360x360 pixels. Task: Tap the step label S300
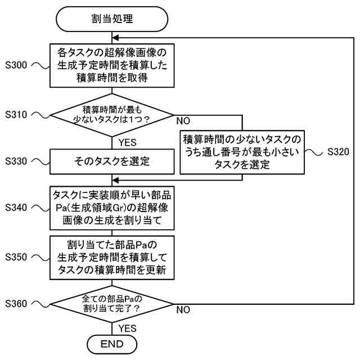tap(16, 66)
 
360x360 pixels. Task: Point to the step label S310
tap(16, 114)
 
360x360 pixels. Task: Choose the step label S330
tap(16, 161)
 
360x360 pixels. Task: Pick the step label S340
tap(16, 208)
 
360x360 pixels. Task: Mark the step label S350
tap(16, 256)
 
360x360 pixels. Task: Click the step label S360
tap(16, 304)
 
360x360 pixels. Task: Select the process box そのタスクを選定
tap(111, 161)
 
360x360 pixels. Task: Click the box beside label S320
tap(242, 151)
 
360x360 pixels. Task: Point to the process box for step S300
tap(111, 65)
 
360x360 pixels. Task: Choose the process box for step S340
tap(111, 208)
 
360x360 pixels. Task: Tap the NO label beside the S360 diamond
tap(183, 310)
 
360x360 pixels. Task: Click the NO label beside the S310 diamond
tap(183, 121)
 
